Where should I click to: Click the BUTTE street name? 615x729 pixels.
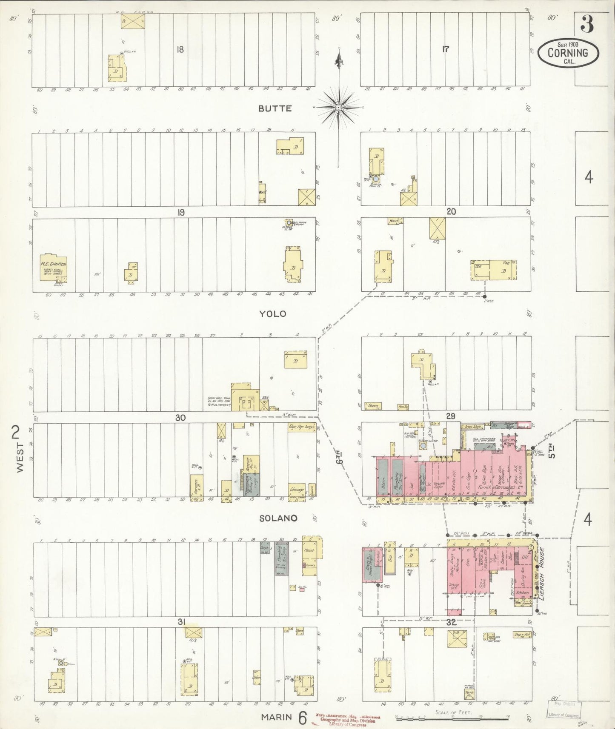tap(275, 108)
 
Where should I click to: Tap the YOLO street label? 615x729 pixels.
tap(273, 314)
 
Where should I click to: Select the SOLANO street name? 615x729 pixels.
tap(277, 518)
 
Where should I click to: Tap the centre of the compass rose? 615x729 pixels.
tap(338, 108)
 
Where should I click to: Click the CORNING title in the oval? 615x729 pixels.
tap(568, 53)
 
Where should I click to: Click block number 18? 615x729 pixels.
tap(180, 50)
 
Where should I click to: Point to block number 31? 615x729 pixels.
tap(181, 622)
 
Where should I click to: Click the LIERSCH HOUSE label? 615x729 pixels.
tap(541, 574)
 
